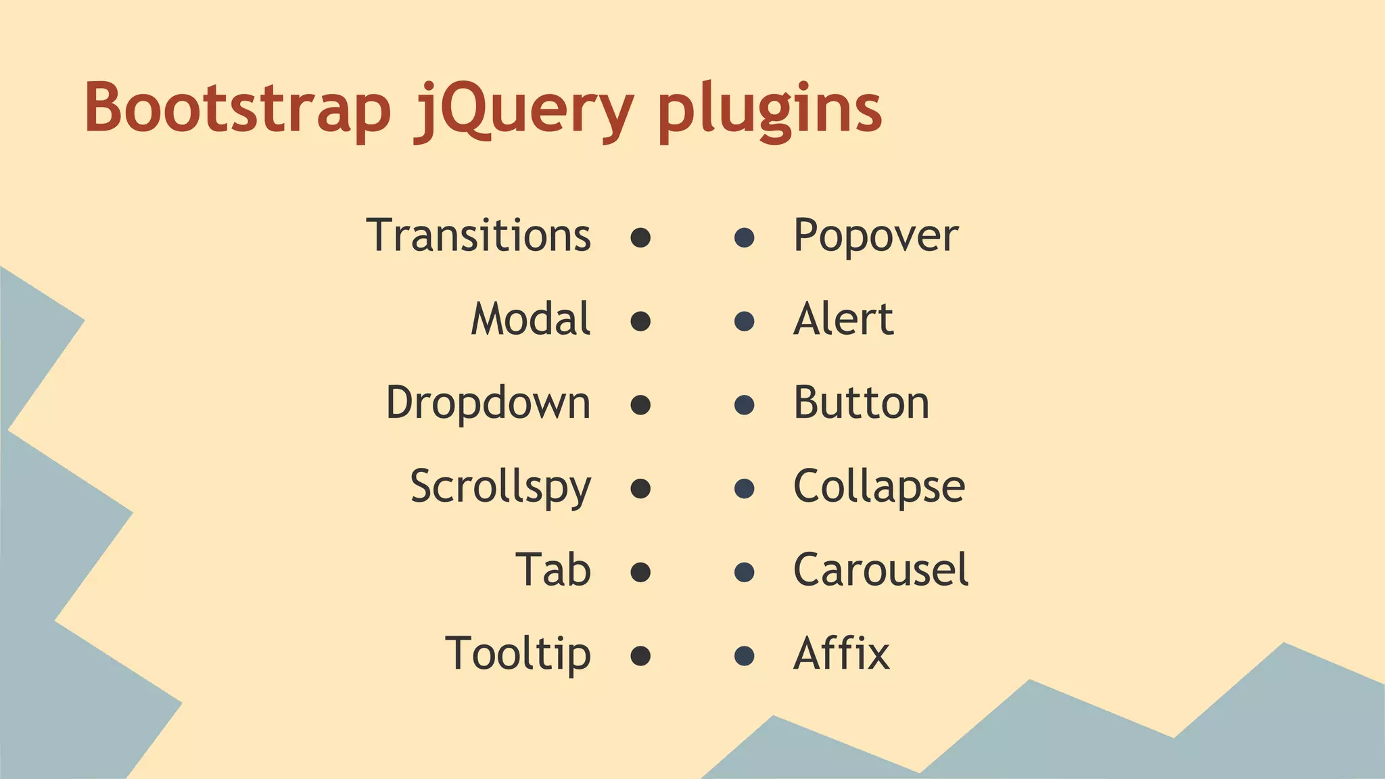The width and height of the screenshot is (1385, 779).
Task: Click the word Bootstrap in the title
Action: click(x=237, y=108)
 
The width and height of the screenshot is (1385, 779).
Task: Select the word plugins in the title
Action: click(x=770, y=110)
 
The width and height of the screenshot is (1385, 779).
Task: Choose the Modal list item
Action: click(x=531, y=319)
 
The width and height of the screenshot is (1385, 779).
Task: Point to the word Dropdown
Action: click(x=488, y=404)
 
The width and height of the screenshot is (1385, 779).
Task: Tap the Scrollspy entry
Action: click(x=500, y=487)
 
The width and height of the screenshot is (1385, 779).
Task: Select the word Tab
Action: click(x=553, y=570)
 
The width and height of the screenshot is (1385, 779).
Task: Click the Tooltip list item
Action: click(x=518, y=654)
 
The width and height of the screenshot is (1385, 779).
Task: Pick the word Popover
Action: click(x=876, y=237)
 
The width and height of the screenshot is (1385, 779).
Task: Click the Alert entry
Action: click(x=843, y=319)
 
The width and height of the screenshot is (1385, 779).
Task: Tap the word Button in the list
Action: click(x=861, y=403)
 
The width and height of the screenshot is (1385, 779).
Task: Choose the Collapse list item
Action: click(x=879, y=487)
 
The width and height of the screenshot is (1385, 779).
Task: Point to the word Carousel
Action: click(x=881, y=570)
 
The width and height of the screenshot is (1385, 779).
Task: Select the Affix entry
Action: click(x=841, y=654)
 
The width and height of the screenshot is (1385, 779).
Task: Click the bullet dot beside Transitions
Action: click(x=640, y=237)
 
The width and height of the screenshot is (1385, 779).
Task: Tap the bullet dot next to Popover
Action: click(x=745, y=237)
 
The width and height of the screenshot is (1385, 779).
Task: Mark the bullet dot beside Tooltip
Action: click(x=640, y=656)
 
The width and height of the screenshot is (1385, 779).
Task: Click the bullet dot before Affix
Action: click(x=745, y=656)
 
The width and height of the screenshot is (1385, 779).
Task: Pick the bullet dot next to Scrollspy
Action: click(x=640, y=488)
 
